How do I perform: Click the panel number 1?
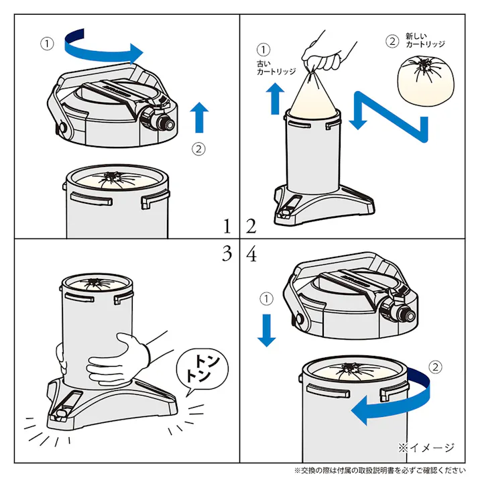pos(227,226)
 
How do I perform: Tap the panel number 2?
pos(251,226)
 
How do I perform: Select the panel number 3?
pos(227,253)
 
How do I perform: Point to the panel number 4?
pos(251,253)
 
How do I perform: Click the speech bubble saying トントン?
pos(202,370)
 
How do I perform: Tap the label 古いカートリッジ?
pos(276,68)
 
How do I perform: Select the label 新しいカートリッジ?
pos(425,40)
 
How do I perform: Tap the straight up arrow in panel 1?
pos(199,117)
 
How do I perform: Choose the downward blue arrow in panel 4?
pos(267,331)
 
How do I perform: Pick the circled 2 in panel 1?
pos(198,149)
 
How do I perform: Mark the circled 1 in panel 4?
pos(266,299)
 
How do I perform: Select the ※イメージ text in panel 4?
pos(426,448)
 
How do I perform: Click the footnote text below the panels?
pos(380,471)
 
